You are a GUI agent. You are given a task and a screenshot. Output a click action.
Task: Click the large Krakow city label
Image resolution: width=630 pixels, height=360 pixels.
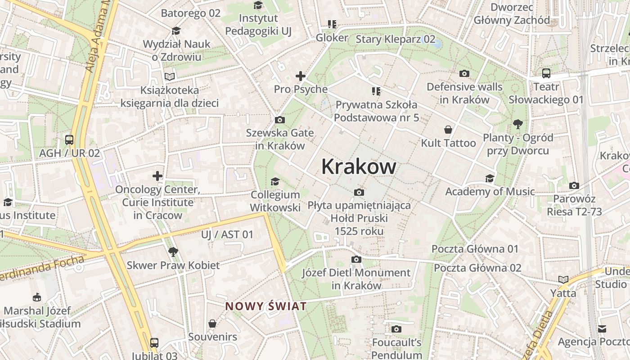[x=359, y=167]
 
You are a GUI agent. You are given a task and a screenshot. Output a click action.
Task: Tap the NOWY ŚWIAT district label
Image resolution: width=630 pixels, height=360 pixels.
[x=266, y=306]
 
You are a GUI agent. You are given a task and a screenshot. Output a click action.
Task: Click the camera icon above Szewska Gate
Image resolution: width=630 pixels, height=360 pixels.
[x=279, y=120]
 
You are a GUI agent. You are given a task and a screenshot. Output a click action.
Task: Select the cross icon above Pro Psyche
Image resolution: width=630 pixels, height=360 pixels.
[x=300, y=76]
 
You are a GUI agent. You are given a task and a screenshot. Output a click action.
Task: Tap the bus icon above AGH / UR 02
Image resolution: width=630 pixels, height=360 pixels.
[x=69, y=139]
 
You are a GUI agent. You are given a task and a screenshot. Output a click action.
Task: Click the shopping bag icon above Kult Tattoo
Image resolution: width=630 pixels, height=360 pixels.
[x=448, y=130]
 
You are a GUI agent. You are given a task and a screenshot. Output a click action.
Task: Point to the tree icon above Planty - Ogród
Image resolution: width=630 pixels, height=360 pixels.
[x=517, y=124]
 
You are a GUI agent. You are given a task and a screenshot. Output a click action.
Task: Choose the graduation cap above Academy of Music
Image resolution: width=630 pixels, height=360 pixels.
[x=490, y=179]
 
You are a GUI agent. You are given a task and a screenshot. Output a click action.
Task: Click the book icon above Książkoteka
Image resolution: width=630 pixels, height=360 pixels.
[x=169, y=77]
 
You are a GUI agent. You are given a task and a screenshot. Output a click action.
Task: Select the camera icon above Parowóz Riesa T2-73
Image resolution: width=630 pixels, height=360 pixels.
[x=574, y=185]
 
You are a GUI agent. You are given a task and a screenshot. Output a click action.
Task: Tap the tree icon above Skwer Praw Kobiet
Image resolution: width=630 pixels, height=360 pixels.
[x=173, y=252]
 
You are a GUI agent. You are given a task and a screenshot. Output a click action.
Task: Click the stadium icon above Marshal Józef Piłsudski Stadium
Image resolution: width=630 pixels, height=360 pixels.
[x=37, y=297]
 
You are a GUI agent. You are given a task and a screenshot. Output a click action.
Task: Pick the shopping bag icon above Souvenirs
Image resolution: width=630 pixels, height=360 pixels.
[x=212, y=323]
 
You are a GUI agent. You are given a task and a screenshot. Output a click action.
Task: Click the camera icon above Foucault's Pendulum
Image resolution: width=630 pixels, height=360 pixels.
[x=396, y=329]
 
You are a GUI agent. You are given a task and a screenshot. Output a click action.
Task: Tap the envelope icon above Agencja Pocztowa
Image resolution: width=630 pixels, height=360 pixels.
[x=602, y=328]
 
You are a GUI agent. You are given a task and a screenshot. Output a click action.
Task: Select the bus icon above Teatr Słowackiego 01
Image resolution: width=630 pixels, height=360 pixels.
[x=546, y=73]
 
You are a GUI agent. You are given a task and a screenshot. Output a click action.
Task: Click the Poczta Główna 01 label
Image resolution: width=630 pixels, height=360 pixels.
[x=475, y=249]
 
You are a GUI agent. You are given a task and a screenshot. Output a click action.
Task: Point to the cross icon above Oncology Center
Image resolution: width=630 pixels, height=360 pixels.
[x=157, y=175]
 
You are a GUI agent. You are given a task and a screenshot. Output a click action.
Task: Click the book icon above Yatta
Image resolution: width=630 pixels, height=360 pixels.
[x=563, y=279]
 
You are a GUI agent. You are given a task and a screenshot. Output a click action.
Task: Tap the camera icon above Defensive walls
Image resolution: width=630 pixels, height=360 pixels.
[x=464, y=73]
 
